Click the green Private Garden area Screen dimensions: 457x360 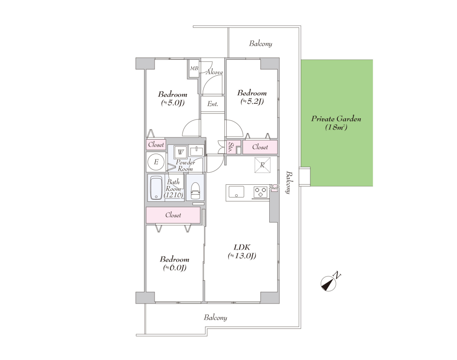[337, 123]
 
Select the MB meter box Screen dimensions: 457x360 [194, 69]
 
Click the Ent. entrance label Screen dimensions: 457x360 [213, 104]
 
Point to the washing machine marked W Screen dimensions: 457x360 [180, 152]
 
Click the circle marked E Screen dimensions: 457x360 [156, 162]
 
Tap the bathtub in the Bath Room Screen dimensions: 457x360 [156, 188]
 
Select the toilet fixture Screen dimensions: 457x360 [195, 191]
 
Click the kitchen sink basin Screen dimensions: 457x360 [236, 192]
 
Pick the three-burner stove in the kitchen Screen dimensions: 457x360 [260, 192]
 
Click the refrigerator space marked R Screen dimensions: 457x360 [262, 165]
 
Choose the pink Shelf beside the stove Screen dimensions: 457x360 [274, 188]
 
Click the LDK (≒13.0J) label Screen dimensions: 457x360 [242, 252]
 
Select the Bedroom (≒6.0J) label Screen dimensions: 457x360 [174, 264]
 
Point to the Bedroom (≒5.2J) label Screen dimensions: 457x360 [252, 97]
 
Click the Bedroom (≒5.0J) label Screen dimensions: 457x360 [172, 98]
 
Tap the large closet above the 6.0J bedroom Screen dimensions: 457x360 [173, 215]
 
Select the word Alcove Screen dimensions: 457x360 [214, 72]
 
